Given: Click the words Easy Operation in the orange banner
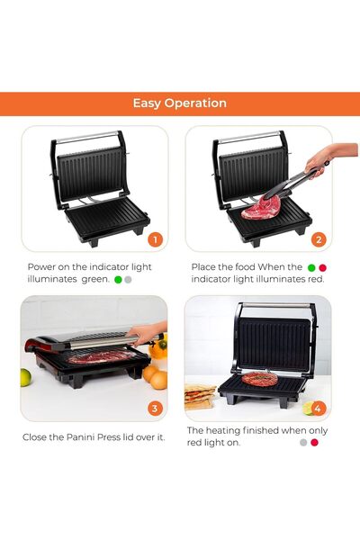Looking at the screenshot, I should tap(180, 103).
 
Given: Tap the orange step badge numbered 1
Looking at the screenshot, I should tap(155, 239).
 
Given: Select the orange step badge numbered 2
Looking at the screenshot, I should tap(318, 239).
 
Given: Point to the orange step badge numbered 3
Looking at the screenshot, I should tap(155, 409).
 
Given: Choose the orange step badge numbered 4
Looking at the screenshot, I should tap(318, 409).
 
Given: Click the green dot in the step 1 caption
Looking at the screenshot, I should tap(118, 280).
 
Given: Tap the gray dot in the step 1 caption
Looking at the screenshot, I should tap(129, 280).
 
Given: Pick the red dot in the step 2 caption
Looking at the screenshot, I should tap(323, 267).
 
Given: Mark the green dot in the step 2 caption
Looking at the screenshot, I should tap(311, 267).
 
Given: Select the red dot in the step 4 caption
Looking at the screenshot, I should tap(315, 443).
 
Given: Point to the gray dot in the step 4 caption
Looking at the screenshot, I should tap(303, 443).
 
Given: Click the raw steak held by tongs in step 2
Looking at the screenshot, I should tap(263, 208).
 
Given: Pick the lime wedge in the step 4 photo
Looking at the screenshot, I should tap(308, 407).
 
